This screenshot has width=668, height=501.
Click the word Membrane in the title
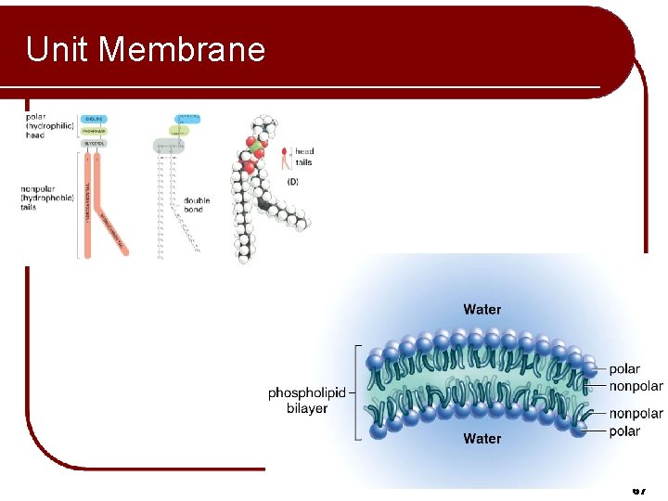182,49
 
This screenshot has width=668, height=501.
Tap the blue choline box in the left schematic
94,119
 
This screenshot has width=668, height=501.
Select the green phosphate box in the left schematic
94,131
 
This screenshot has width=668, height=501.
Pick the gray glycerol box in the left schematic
94,144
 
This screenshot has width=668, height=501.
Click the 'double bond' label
197,204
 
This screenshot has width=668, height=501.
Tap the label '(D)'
293,182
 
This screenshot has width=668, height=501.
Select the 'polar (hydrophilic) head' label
48,126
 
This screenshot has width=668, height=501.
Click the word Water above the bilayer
482,309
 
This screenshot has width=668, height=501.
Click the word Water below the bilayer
482,438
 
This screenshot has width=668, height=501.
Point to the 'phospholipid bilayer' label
306,400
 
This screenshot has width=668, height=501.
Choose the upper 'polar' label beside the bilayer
624,369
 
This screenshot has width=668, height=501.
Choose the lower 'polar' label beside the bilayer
624,430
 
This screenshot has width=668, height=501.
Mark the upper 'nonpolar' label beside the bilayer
636,386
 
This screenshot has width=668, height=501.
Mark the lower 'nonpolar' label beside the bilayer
636,414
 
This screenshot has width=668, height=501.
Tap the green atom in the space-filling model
251,147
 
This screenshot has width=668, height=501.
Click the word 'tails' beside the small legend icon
303,162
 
